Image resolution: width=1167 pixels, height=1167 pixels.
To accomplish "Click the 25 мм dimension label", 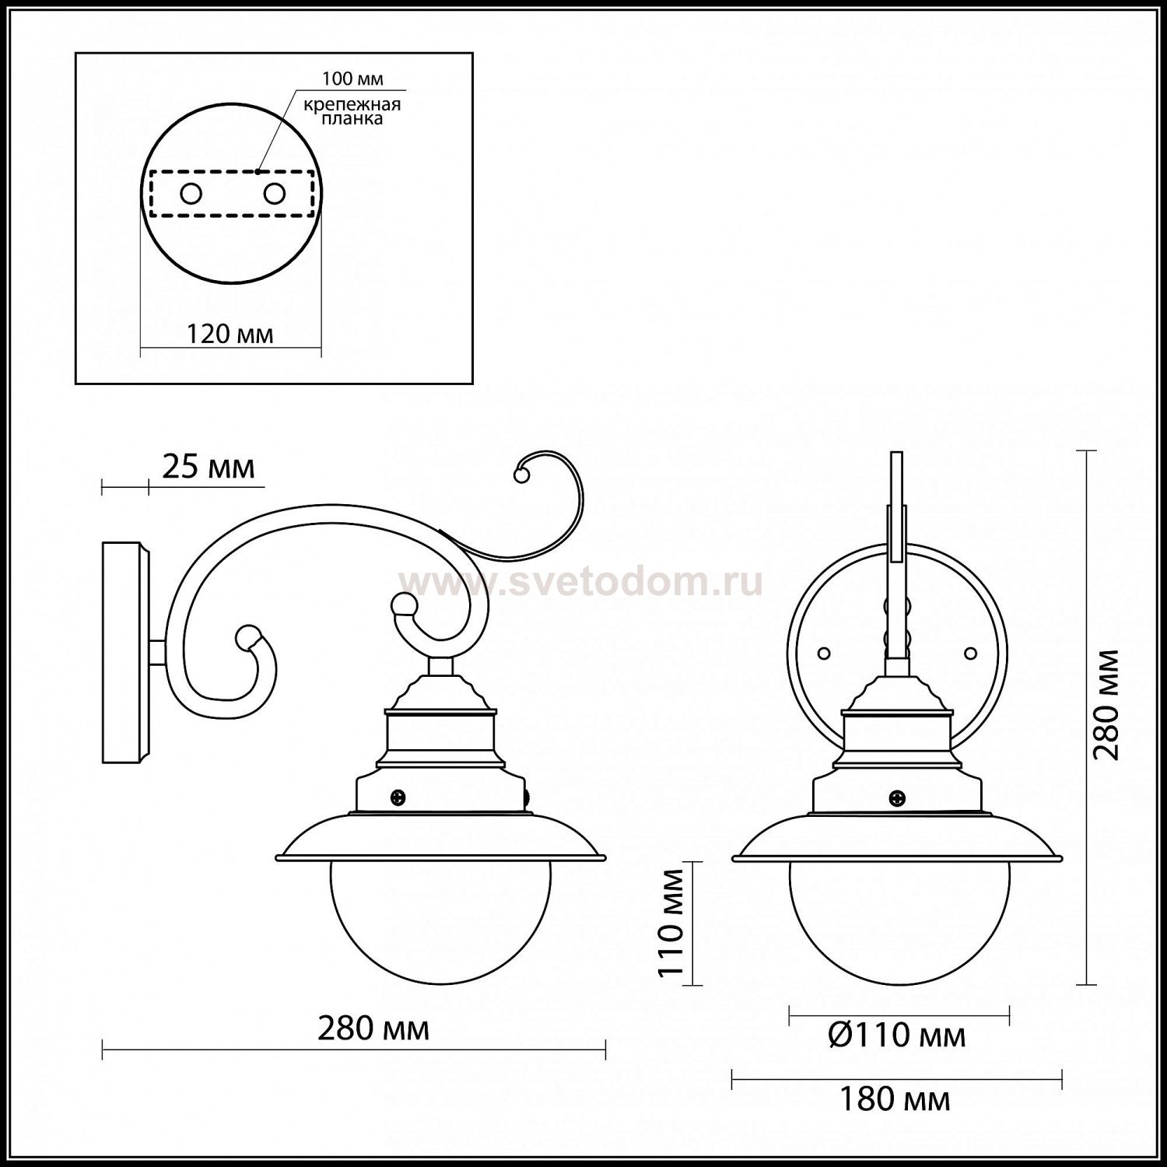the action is point(209,467).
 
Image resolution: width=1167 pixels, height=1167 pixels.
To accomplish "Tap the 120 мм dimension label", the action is point(230,334).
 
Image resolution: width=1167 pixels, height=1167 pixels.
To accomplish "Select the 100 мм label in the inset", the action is point(352,79).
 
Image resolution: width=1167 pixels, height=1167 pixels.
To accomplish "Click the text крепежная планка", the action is point(352,111).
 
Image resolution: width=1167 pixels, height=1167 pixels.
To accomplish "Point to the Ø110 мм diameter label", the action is point(897,1036).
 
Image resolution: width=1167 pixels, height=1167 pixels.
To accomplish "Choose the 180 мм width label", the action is point(895,1099).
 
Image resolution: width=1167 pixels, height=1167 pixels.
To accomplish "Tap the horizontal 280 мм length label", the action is point(373,1029).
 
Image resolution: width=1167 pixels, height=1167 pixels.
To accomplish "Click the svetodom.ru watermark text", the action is point(581,582).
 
